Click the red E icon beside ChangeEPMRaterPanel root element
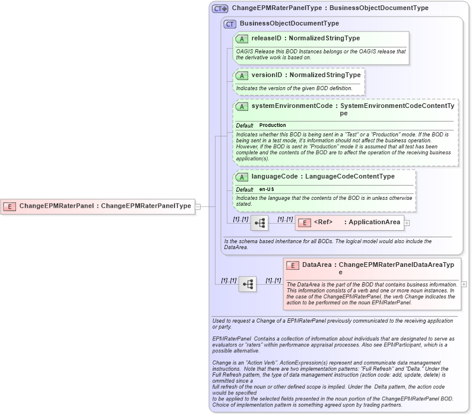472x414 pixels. coord(9,206)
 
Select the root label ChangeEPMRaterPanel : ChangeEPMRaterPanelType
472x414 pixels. coord(105,206)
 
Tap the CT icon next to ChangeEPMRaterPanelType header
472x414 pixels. coord(220,9)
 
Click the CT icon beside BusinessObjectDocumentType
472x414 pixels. coord(230,24)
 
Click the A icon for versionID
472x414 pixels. coord(242,75)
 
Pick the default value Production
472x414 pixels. coord(273,126)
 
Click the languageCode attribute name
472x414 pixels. coord(274,177)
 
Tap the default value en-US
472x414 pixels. coord(267,189)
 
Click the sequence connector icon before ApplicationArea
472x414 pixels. coord(259,223)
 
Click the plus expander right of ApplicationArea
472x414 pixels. coord(407,223)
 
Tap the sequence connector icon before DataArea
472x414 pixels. coord(248,285)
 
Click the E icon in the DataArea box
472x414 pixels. coord(292,265)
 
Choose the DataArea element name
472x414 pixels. coord(316,265)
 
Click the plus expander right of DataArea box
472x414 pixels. coord(464,284)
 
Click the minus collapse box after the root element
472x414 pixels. coord(198,206)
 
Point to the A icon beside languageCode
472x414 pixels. coord(242,177)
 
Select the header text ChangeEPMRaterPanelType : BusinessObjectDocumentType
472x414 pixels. coord(330,9)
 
